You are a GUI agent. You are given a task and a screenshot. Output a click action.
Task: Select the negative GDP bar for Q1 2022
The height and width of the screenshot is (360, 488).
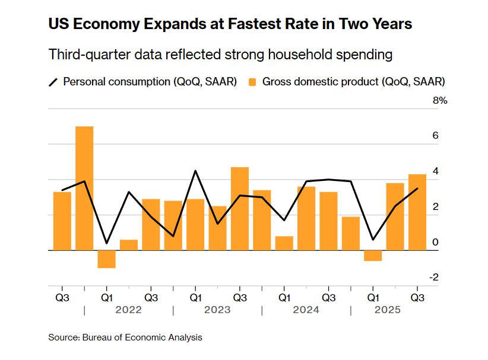pos(106,259)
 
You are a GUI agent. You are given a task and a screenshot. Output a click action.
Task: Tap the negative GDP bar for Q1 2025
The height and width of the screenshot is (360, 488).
pos(373,256)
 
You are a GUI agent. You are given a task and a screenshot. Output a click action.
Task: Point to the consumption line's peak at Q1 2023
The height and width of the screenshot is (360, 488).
pos(195,171)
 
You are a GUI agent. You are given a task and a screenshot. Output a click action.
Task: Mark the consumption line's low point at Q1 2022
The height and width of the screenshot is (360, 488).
pos(106,243)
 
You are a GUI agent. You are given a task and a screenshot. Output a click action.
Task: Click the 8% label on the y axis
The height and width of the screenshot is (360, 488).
pos(439,101)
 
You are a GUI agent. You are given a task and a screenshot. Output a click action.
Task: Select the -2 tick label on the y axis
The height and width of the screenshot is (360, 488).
pos(434,277)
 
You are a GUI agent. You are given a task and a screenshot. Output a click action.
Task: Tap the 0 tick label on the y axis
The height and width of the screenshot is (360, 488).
pos(436,242)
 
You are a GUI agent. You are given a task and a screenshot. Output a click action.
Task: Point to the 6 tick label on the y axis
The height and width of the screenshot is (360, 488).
pos(436,136)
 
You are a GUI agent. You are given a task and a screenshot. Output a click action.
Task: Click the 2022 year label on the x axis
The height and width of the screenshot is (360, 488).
pos(129,310)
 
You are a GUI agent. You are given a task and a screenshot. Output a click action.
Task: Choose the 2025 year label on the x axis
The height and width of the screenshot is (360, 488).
pos(387,310)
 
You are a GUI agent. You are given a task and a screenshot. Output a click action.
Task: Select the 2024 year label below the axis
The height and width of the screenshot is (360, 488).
pos(306,310)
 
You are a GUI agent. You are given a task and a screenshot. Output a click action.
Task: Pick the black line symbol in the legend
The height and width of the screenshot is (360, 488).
pos(53,82)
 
